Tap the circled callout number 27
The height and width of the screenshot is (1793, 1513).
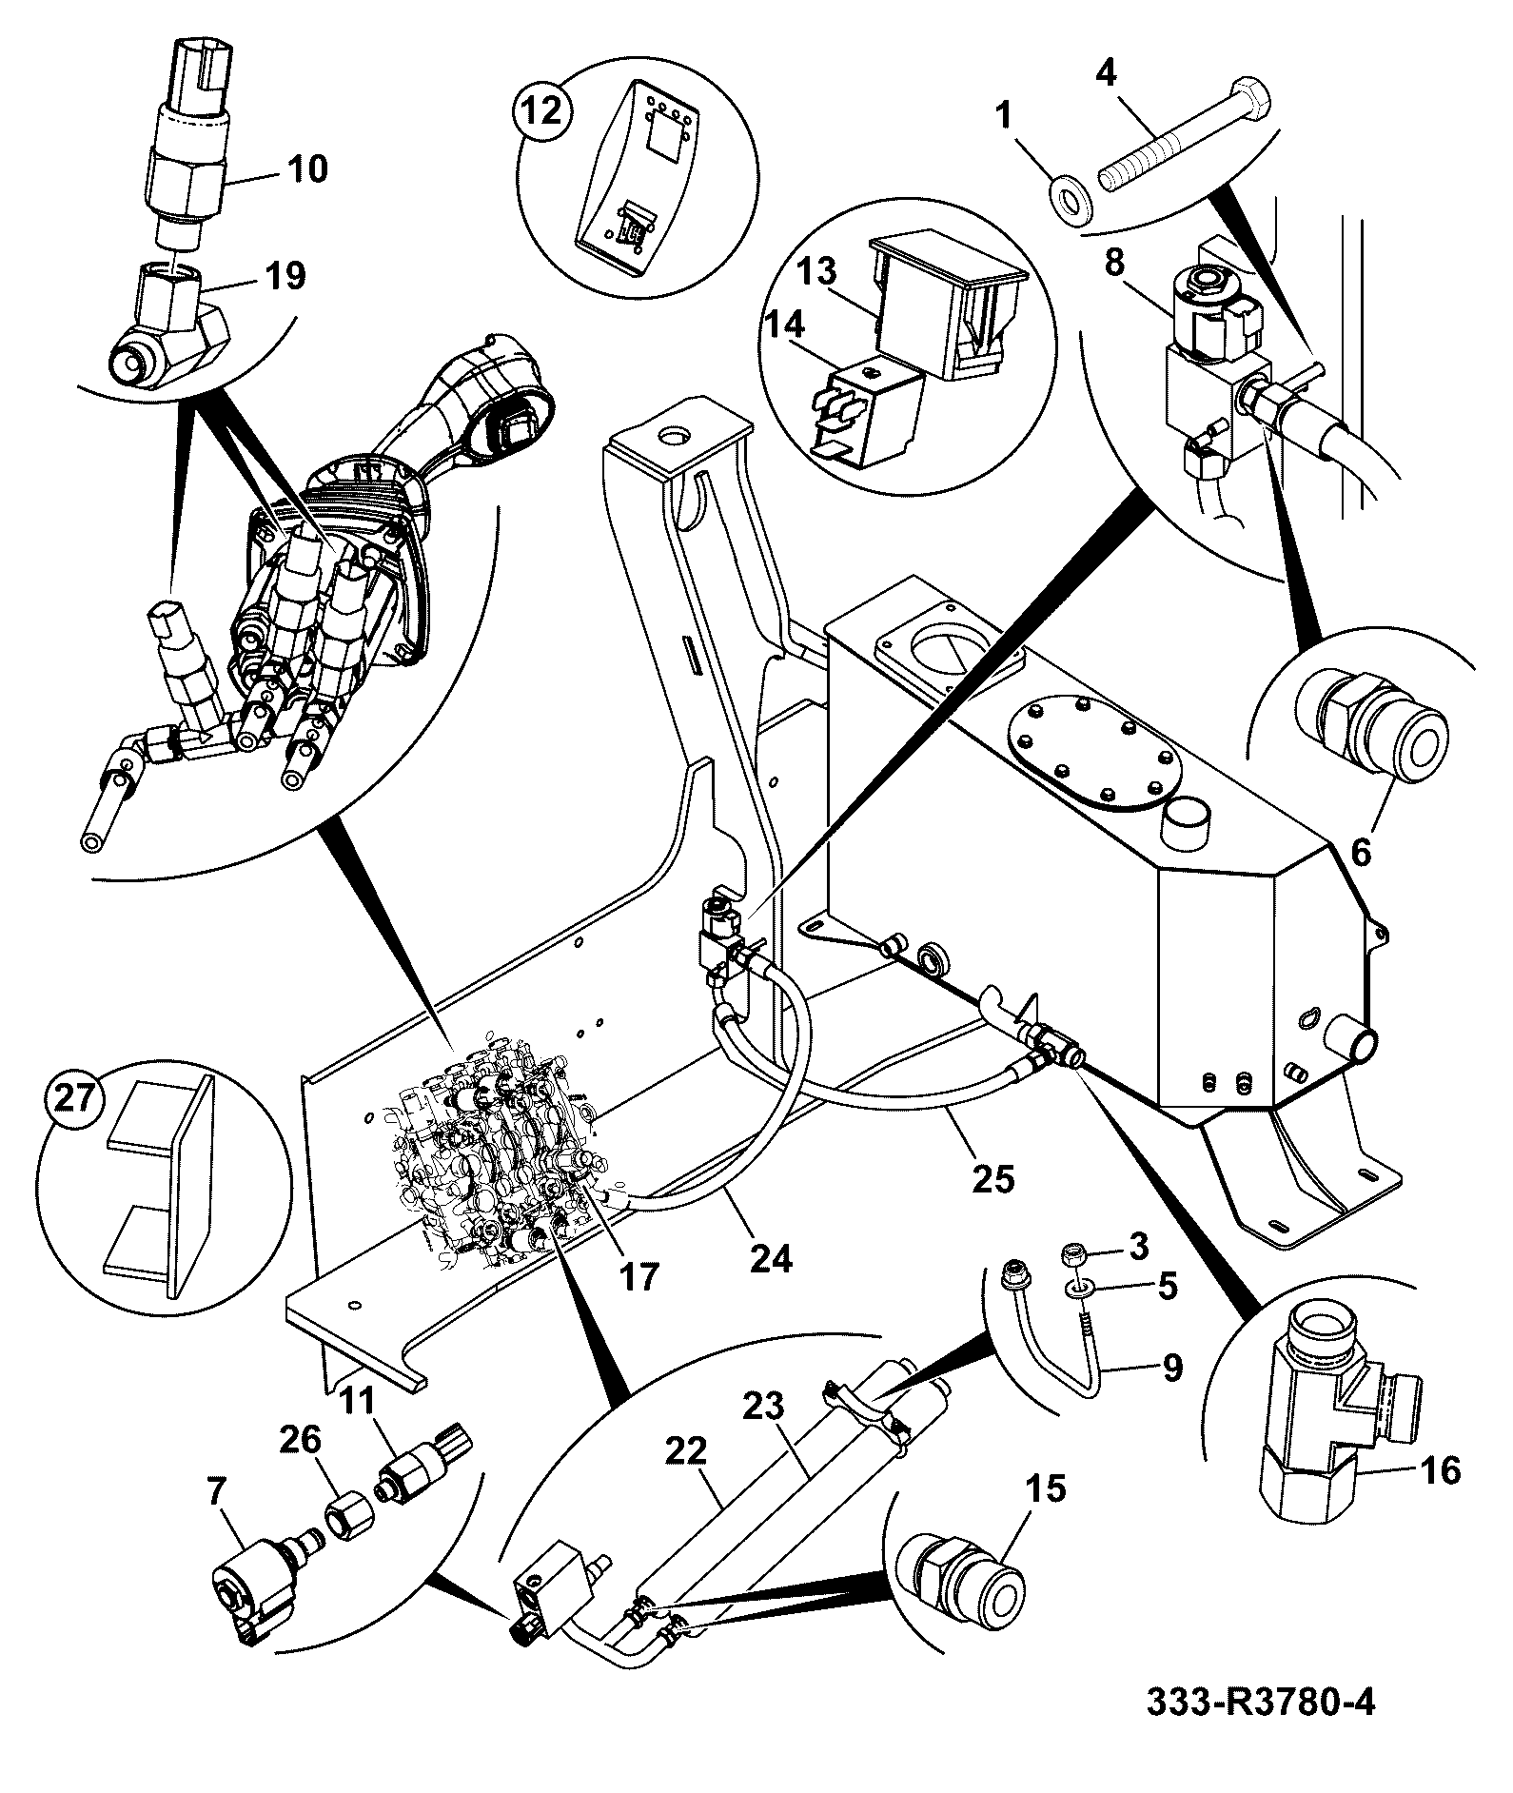[x=75, y=1100]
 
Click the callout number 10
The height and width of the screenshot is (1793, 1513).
[x=305, y=168]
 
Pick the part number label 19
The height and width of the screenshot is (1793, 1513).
[x=285, y=276]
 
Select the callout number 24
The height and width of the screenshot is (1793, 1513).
[x=771, y=1258]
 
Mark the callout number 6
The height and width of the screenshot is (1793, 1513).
[x=1362, y=853]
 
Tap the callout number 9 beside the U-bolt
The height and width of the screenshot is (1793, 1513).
[x=1170, y=1368]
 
